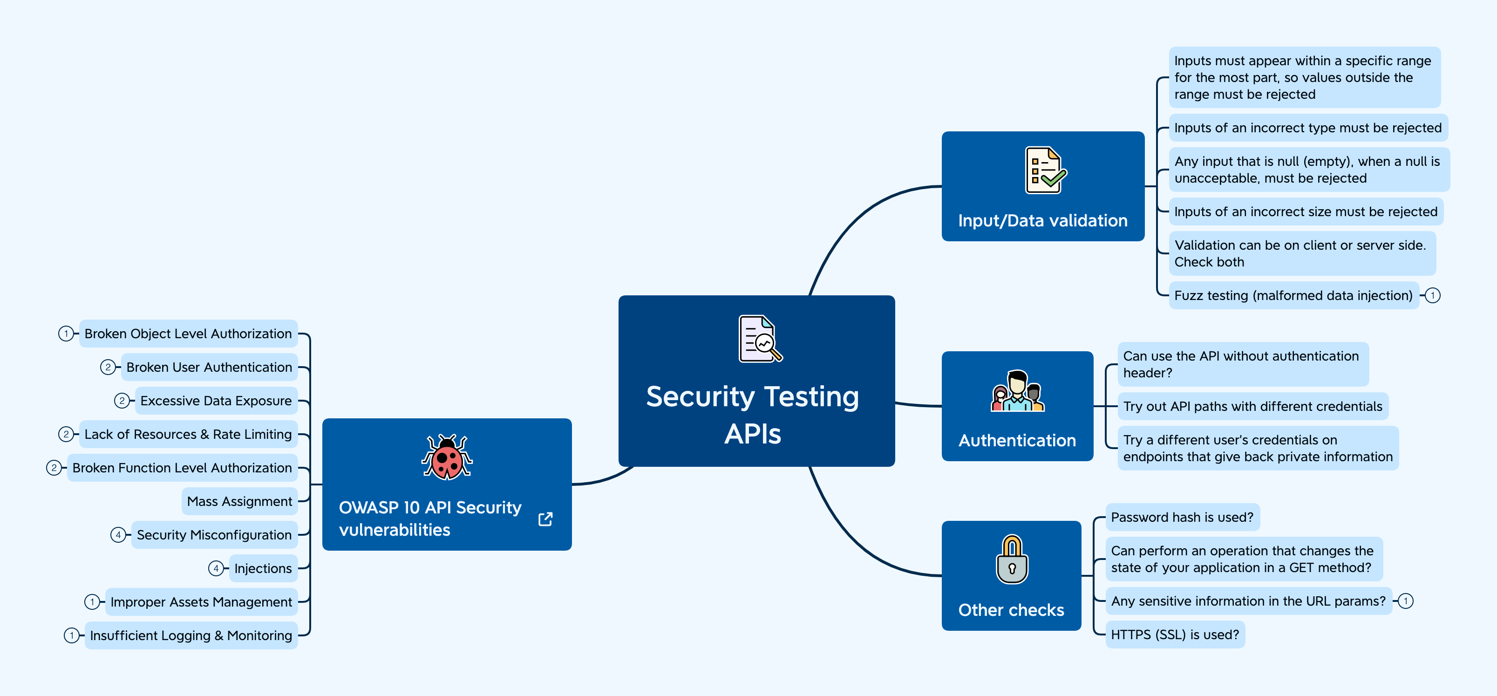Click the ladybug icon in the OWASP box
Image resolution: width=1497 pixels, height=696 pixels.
[x=447, y=457]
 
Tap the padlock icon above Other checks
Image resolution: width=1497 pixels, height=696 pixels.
[x=1012, y=560]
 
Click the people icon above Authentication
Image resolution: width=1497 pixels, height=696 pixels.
[x=1018, y=391]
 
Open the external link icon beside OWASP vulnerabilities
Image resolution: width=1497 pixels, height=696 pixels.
[x=545, y=519]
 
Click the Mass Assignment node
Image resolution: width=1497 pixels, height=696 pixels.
[x=239, y=501]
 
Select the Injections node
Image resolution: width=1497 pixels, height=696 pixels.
[x=263, y=568]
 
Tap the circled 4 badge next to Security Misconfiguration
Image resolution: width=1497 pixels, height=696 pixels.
[x=118, y=535]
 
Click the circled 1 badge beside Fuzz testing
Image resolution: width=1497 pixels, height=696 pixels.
[x=1433, y=295]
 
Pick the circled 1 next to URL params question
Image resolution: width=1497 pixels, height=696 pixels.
[x=1405, y=601]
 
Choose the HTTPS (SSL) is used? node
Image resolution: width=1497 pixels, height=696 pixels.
[x=1175, y=635]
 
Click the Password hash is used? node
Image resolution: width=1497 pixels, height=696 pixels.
[x=1182, y=517]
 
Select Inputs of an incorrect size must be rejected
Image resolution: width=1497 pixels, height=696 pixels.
[x=1305, y=212]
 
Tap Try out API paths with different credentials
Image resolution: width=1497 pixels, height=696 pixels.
[x=1252, y=406]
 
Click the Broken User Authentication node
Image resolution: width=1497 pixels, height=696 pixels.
[x=209, y=367]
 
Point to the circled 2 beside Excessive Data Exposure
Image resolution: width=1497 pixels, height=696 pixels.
[x=122, y=401]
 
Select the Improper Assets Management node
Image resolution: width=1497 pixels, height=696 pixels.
[x=201, y=602]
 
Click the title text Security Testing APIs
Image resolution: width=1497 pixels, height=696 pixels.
[x=753, y=415]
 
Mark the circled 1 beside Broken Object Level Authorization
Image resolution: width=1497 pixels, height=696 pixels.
[x=66, y=334]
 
